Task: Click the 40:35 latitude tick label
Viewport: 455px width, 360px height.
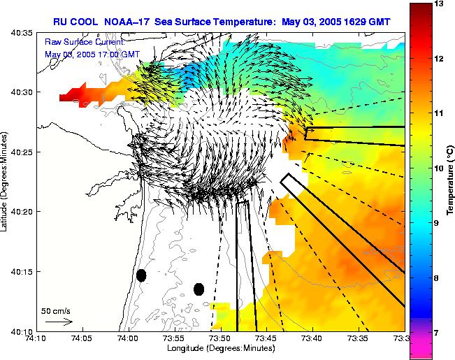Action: tap(20, 32)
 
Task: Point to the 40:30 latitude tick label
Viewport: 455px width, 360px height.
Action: tap(20, 92)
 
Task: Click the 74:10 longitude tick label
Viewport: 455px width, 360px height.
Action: tap(37, 339)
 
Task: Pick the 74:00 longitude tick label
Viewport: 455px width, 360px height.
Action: tap(129, 339)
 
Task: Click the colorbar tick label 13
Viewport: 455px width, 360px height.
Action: tap(439, 4)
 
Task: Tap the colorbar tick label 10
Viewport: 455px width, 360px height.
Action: tap(439, 168)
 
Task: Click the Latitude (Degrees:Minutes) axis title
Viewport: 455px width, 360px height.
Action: tap(6, 181)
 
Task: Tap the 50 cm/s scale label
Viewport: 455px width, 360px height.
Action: tap(55, 310)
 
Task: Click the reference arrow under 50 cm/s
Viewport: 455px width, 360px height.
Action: tap(59, 322)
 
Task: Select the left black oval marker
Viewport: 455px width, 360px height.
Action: tap(141, 275)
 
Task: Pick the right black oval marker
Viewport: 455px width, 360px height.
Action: tap(198, 289)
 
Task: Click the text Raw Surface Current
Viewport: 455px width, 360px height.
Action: tap(85, 43)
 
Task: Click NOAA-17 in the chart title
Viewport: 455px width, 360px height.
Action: tap(132, 21)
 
